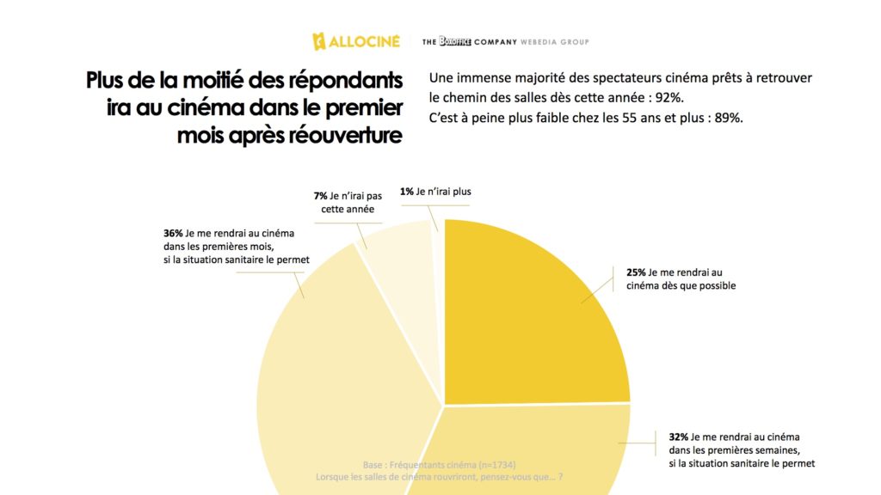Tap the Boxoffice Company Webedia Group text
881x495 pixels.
pos(505,41)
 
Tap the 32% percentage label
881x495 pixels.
pos(678,436)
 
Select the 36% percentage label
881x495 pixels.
pos(172,233)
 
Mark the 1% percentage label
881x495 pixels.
pos(406,192)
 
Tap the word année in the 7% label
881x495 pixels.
pos(360,208)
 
